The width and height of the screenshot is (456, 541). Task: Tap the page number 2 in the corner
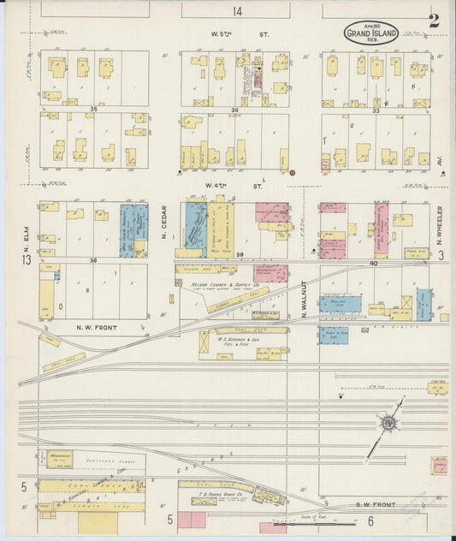[x=434, y=21]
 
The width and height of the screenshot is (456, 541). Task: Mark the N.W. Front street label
[x=97, y=328]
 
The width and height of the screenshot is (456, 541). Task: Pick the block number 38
[x=95, y=259]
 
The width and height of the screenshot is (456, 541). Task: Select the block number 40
[x=373, y=263]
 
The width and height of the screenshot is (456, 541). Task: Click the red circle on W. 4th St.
[x=292, y=173]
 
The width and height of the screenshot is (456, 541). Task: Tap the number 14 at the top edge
[x=236, y=11]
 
